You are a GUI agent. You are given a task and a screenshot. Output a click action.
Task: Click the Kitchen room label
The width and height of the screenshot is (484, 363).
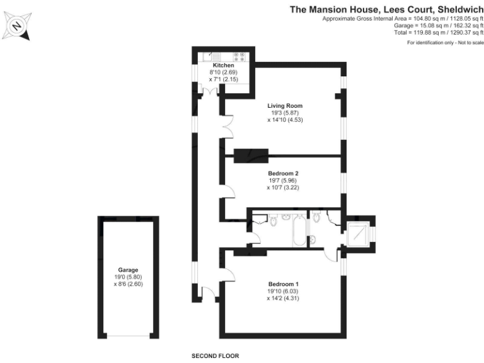[x=223, y=66]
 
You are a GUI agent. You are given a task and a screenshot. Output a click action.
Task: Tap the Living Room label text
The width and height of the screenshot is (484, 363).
[x=285, y=105]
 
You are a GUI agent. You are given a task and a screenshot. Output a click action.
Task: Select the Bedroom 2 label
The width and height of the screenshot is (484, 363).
[x=283, y=173]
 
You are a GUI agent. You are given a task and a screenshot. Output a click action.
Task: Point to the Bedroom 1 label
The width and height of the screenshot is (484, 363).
[x=283, y=284]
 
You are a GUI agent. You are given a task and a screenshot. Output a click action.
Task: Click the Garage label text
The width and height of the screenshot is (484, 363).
[x=128, y=270]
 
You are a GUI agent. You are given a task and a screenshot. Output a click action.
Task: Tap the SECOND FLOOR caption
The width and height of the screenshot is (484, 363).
[x=216, y=356]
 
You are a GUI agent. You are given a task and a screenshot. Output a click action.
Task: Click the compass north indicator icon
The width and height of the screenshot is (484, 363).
[x=17, y=26]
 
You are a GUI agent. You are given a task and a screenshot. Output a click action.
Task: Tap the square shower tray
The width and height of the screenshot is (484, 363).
[x=359, y=233]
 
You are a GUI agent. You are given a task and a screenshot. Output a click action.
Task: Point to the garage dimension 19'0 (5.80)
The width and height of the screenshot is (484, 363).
[x=128, y=277]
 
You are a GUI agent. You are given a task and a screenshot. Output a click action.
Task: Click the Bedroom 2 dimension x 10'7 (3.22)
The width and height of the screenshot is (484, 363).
[x=283, y=187]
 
